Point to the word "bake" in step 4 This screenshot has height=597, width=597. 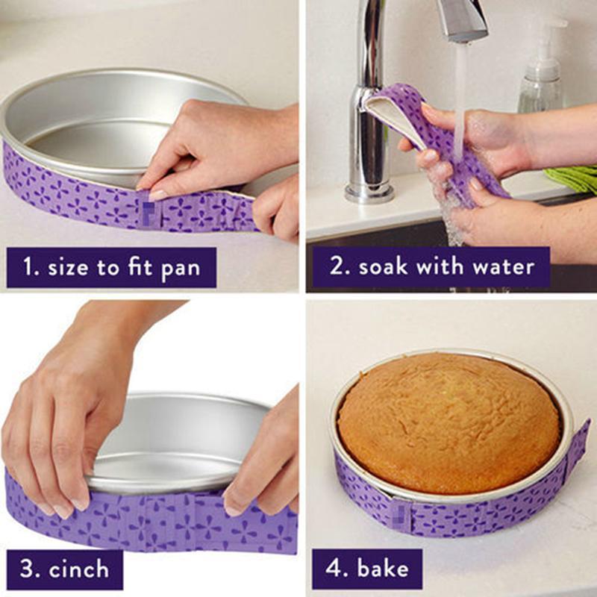383,569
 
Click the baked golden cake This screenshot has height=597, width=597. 448,422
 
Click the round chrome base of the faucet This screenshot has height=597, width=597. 369,193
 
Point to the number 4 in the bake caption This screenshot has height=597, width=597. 334,569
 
